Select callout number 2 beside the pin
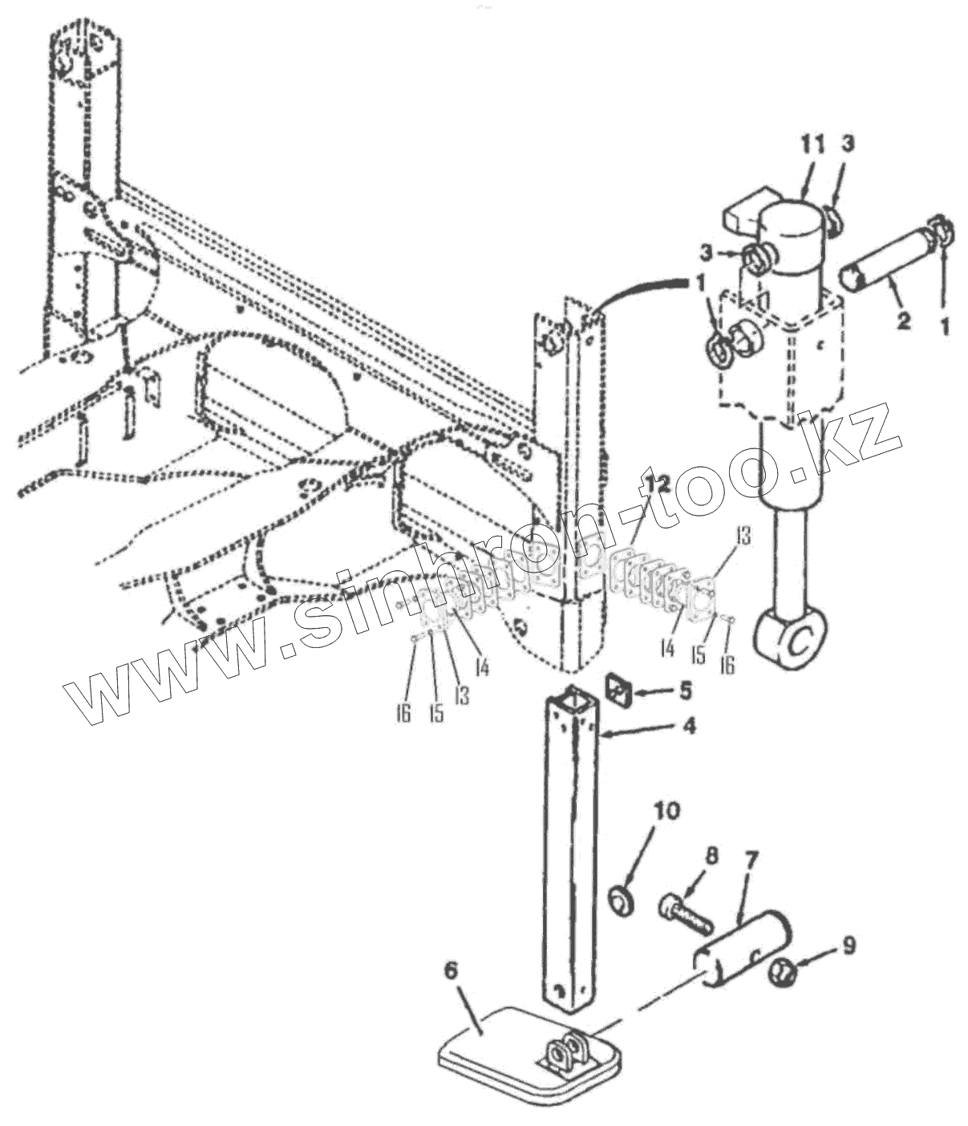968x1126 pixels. point(903,322)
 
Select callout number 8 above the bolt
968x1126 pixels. point(710,856)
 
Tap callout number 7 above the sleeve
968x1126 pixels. point(751,861)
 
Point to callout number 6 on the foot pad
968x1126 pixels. point(451,970)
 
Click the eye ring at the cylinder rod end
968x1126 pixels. point(791,639)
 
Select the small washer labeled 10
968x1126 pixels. point(622,898)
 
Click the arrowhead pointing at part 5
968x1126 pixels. point(640,690)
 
